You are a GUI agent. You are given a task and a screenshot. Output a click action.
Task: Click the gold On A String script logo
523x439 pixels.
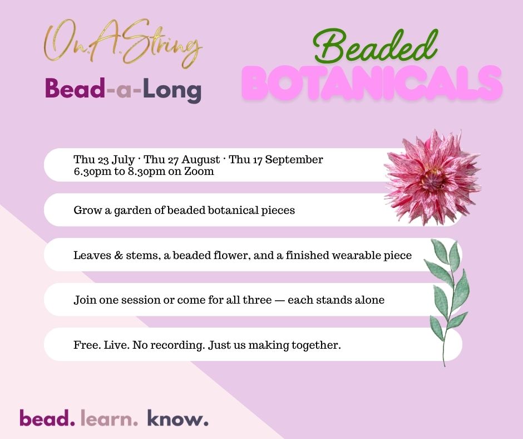[x=123, y=43]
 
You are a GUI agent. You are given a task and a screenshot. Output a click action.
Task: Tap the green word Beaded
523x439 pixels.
[x=375, y=47]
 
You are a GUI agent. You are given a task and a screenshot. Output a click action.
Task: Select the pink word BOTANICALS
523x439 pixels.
[x=372, y=83]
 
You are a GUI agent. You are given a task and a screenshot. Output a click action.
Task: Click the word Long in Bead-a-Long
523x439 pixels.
[x=172, y=90]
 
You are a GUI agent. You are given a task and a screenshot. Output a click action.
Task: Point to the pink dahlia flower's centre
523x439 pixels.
[x=433, y=177]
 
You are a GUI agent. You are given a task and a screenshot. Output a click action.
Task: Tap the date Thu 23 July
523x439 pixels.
[x=104, y=160]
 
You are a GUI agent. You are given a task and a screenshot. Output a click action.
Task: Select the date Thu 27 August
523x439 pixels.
[x=182, y=160]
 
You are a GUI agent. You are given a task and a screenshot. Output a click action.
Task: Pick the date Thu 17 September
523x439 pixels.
[x=276, y=160]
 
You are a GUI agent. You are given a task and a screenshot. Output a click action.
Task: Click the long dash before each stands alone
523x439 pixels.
[x=279, y=300]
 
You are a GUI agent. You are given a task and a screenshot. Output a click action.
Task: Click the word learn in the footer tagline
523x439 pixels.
[x=109, y=418]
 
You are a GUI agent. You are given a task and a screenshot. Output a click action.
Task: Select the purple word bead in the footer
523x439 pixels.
[x=47, y=418]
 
